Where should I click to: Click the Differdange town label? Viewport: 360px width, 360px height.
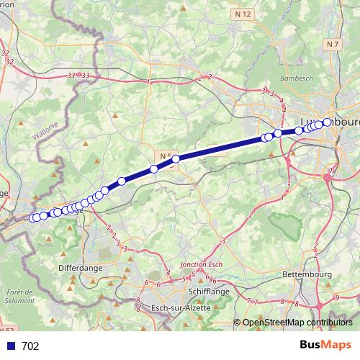pyautogui.click(x=81, y=266)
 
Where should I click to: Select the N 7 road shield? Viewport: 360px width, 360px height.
pyautogui.click(x=332, y=45)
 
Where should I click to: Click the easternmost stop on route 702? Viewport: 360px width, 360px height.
pyautogui.click(x=328, y=122)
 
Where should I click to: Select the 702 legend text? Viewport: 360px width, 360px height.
pyautogui.click(x=30, y=346)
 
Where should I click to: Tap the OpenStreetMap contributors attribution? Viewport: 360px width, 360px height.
pyautogui.click(x=297, y=323)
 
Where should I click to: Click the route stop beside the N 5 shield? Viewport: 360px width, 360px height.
pyautogui.click(x=176, y=159)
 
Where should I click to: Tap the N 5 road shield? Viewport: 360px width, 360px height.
pyautogui.click(x=166, y=156)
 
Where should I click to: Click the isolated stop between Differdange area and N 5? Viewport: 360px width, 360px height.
pyautogui.click(x=122, y=181)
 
